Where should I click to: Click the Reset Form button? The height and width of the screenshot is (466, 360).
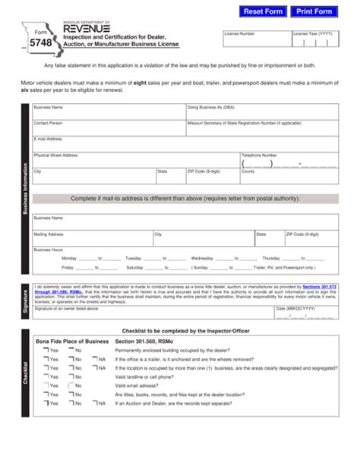pos(263,11)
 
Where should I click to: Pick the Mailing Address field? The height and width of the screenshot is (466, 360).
pos(91,239)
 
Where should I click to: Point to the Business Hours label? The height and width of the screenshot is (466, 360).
pos(48,250)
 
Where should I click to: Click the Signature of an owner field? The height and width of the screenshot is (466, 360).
pos(152,313)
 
